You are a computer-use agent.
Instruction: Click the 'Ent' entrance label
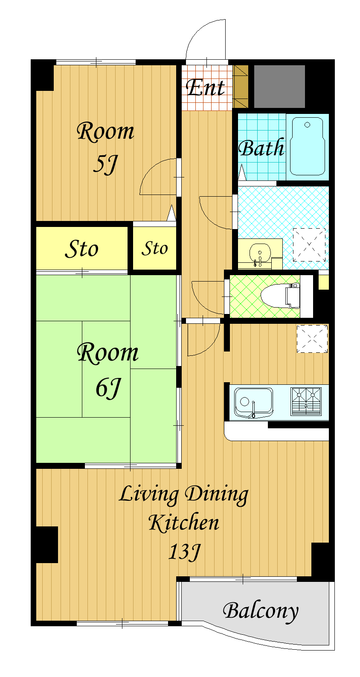(205, 87)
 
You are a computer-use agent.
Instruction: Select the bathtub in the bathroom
(307, 146)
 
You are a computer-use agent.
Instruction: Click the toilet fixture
(280, 296)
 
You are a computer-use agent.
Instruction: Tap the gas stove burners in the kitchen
(306, 401)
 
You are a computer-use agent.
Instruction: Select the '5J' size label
(105, 164)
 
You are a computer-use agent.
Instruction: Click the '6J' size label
(108, 388)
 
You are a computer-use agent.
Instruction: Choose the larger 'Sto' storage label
(81, 249)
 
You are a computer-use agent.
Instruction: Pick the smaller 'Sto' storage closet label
(154, 248)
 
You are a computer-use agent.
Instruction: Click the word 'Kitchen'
(184, 522)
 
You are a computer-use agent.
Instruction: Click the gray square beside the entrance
(279, 87)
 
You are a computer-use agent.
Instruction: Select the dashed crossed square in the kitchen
(312, 339)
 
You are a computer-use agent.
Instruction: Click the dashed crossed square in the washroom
(309, 245)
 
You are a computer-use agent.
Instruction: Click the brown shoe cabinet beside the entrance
(240, 87)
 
